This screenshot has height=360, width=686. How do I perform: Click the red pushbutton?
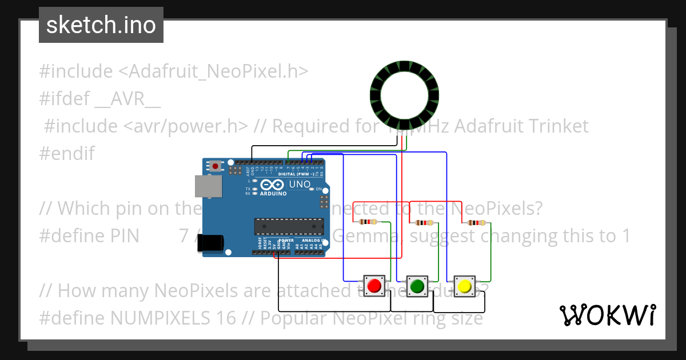374,285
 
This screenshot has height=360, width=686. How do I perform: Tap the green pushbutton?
417,285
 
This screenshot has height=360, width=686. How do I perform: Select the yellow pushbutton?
464,285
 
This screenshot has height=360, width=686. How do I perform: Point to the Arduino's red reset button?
215,166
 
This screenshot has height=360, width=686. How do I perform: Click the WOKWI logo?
607,315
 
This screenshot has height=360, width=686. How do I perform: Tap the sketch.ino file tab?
101,25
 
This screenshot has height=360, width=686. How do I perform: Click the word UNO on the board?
299,185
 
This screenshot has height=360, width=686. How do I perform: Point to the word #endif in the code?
67,153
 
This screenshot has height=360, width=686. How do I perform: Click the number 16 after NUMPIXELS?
226,318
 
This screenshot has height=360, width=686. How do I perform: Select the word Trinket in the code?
555,126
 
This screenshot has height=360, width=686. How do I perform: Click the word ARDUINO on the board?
273,193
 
